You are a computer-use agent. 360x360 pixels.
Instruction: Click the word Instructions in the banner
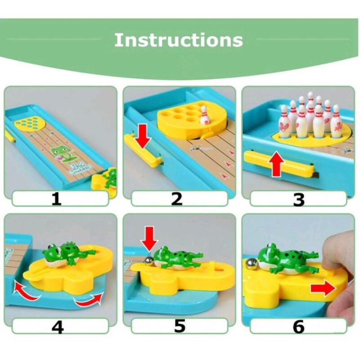179,40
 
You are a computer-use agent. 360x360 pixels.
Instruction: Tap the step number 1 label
56,198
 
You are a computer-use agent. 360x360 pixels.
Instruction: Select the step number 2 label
177,198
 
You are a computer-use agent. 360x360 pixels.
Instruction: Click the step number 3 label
298,199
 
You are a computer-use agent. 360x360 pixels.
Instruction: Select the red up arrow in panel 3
277,165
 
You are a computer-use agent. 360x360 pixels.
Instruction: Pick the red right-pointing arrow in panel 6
323,288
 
